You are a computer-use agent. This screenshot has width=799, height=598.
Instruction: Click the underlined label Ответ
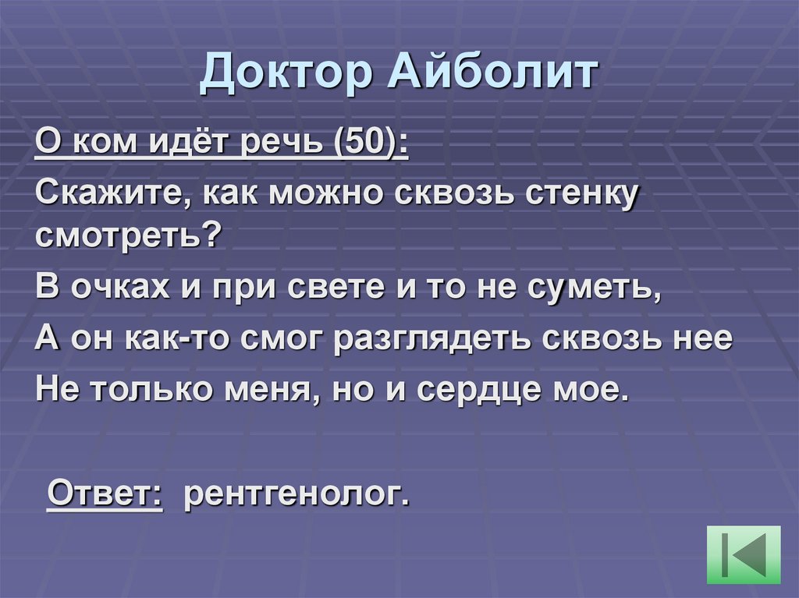105,493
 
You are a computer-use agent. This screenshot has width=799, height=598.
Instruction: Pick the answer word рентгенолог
296,494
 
